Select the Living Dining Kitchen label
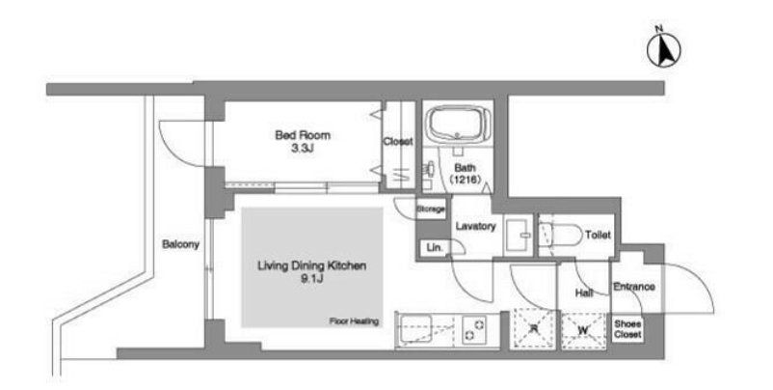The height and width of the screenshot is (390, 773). click(311, 266)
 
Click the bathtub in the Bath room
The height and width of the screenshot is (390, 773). click(458, 125)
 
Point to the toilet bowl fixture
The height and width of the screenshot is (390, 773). click(561, 236)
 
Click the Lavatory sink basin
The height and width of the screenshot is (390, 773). click(519, 236)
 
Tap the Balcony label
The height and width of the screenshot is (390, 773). click(180, 244)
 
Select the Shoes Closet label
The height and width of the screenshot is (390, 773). click(627, 329)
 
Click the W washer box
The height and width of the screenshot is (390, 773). click(584, 330)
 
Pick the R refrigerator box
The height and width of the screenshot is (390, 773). click(532, 330)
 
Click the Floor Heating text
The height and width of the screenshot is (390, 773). click(354, 321)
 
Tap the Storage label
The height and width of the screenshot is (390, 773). click(431, 209)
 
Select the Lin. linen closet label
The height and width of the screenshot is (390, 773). click(435, 247)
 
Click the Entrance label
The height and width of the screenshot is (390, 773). click(634, 287)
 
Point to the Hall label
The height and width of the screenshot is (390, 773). click(584, 293)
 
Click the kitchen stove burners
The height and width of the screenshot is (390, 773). click(474, 330)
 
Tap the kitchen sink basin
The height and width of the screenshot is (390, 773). click(415, 329)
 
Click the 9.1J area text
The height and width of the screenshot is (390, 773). click(311, 279)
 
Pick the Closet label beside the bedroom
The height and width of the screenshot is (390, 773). click(398, 142)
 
